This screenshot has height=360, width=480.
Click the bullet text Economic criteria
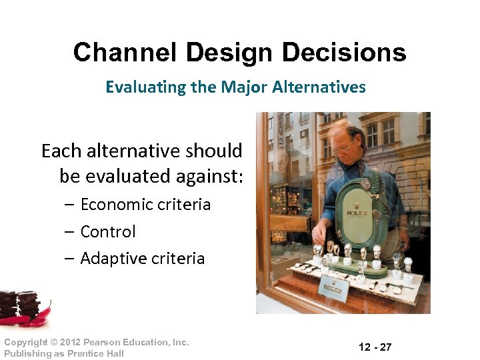pos(145,204)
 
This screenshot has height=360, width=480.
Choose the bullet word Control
pos(107,231)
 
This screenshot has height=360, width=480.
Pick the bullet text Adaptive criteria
pos(142,258)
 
